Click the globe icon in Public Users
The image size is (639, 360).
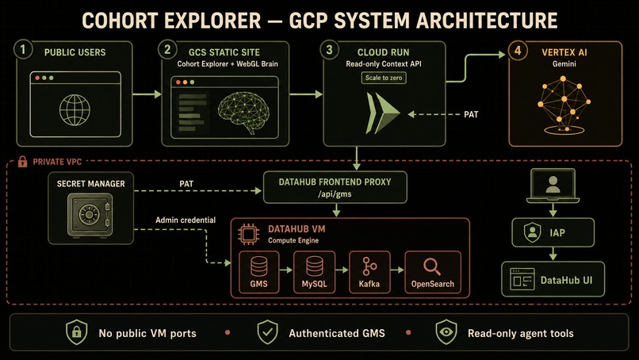75,110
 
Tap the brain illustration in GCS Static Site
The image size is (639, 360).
243,112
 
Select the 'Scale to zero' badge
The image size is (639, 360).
384,78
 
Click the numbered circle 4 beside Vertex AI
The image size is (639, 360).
518,51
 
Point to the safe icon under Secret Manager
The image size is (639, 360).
90,215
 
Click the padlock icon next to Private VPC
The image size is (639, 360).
22,162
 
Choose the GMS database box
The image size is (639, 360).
258,272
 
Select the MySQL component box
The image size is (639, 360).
314,272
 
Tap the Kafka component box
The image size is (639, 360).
369,272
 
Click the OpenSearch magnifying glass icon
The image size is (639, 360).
432,267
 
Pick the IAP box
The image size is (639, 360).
553,232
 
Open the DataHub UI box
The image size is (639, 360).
553,279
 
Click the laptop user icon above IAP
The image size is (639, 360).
553,186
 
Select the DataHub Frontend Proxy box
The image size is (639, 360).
335,188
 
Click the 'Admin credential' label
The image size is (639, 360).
186,220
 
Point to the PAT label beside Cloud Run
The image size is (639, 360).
471,114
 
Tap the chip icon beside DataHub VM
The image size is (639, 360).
248,234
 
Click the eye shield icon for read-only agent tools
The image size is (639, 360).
446,332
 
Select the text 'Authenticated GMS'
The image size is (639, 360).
337,334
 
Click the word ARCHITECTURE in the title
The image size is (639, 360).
487,21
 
